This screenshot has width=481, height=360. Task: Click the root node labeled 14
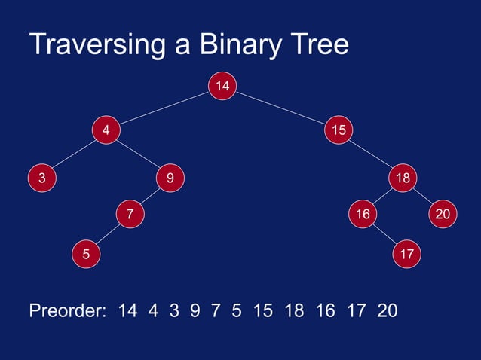(x=222, y=86)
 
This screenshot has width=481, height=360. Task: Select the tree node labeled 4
(x=106, y=130)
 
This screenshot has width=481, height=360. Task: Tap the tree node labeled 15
(x=339, y=130)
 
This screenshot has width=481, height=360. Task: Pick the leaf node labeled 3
(x=42, y=178)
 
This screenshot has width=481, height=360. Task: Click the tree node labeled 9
(x=170, y=178)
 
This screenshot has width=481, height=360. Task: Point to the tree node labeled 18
(x=403, y=178)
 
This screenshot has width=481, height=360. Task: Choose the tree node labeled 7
(x=130, y=215)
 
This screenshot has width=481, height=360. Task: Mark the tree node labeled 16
(x=363, y=215)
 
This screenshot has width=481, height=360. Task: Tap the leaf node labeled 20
(x=443, y=215)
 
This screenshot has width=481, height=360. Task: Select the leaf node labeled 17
(x=407, y=254)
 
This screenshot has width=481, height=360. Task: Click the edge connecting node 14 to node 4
(x=164, y=108)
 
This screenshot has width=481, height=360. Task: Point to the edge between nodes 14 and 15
(x=280, y=108)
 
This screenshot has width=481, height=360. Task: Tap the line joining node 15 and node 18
(x=371, y=154)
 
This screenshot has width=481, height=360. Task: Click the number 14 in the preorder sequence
(x=127, y=310)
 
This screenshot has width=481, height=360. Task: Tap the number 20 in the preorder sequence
(x=387, y=310)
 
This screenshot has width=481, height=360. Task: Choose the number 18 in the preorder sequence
(x=294, y=310)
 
